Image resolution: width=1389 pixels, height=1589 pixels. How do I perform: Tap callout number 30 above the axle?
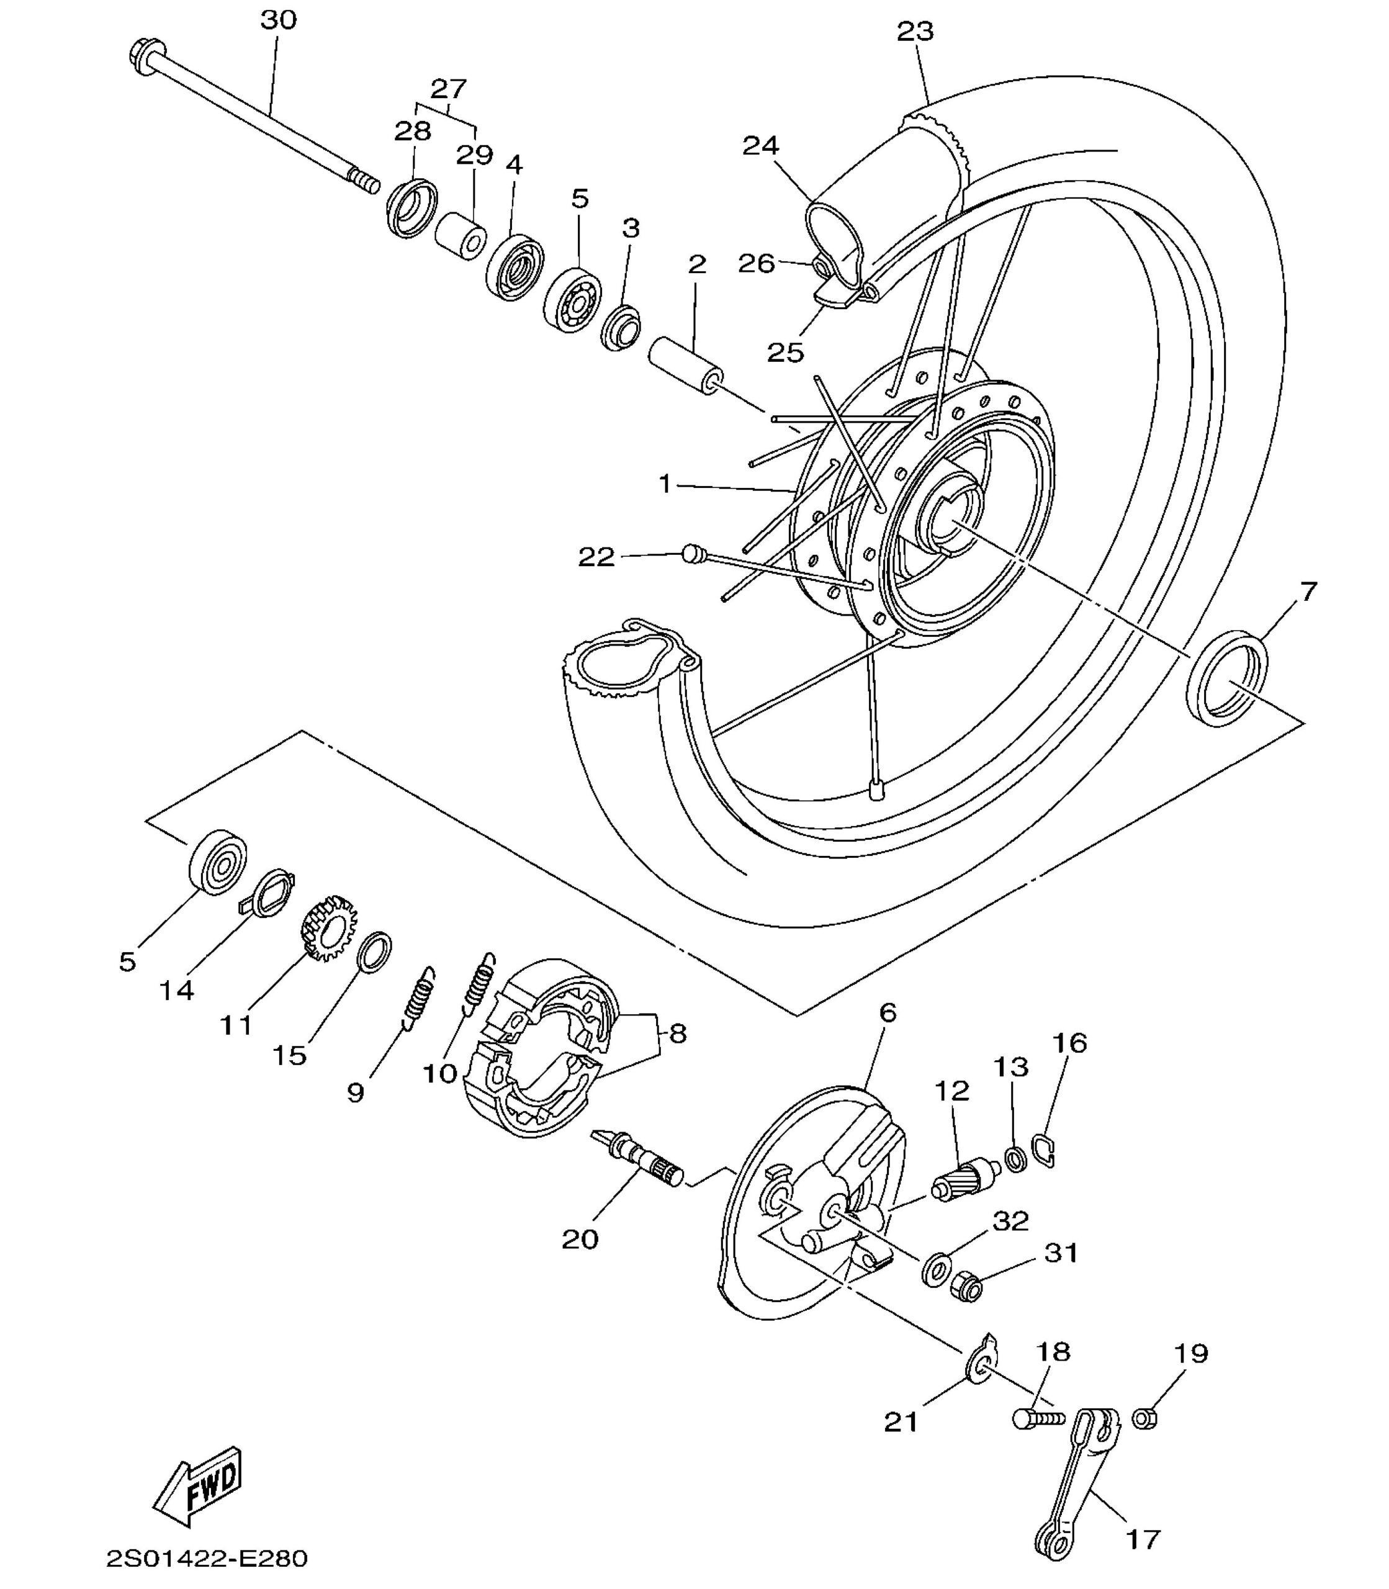pyautogui.click(x=278, y=20)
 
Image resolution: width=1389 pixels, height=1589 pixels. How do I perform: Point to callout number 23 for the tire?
pyautogui.click(x=915, y=32)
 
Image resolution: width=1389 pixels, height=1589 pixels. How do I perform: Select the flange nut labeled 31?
pyautogui.click(x=966, y=1287)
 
